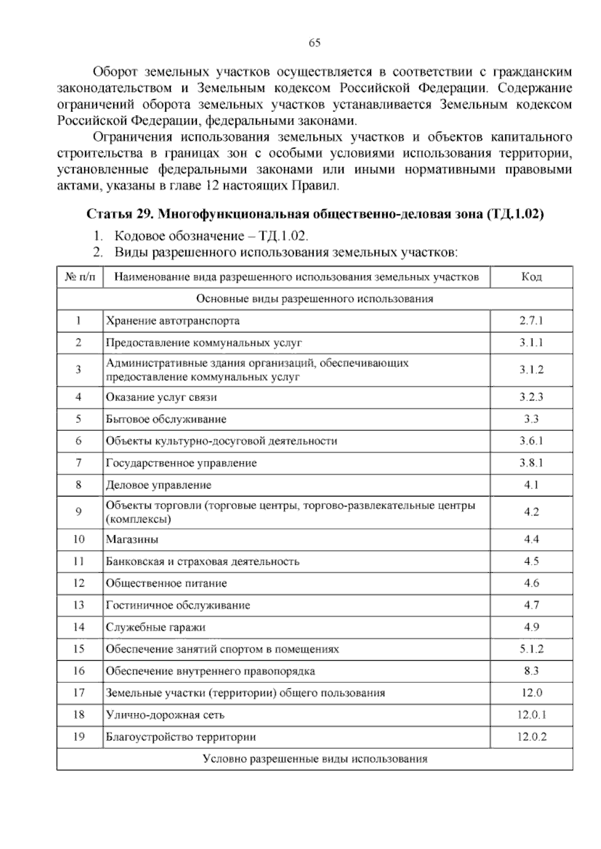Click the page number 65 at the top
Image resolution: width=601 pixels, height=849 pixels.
315,43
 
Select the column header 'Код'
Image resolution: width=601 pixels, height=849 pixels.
531,277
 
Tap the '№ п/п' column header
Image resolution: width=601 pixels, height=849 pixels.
80,277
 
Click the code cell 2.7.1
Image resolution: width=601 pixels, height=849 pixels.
531,321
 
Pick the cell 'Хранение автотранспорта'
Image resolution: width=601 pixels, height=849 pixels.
173,321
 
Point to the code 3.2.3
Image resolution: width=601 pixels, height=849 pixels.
531,397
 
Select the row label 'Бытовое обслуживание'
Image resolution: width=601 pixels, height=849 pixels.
166,419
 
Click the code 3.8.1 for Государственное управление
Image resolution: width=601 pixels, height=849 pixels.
531,463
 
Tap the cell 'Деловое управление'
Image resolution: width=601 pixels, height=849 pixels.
159,485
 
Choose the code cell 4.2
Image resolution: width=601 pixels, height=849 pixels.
531,512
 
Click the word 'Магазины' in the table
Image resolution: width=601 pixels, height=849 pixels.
132,540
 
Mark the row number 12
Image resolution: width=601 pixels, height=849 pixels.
79,583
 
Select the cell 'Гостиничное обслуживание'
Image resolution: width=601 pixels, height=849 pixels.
178,605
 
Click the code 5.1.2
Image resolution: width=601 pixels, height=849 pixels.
531,649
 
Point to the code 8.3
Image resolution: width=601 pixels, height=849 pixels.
531,671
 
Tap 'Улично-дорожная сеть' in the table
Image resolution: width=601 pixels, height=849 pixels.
165,715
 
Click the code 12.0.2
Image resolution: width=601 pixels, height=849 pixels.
531,737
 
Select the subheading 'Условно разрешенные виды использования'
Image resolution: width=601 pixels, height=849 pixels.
315,759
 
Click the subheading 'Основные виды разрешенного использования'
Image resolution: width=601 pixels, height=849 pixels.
315,299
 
